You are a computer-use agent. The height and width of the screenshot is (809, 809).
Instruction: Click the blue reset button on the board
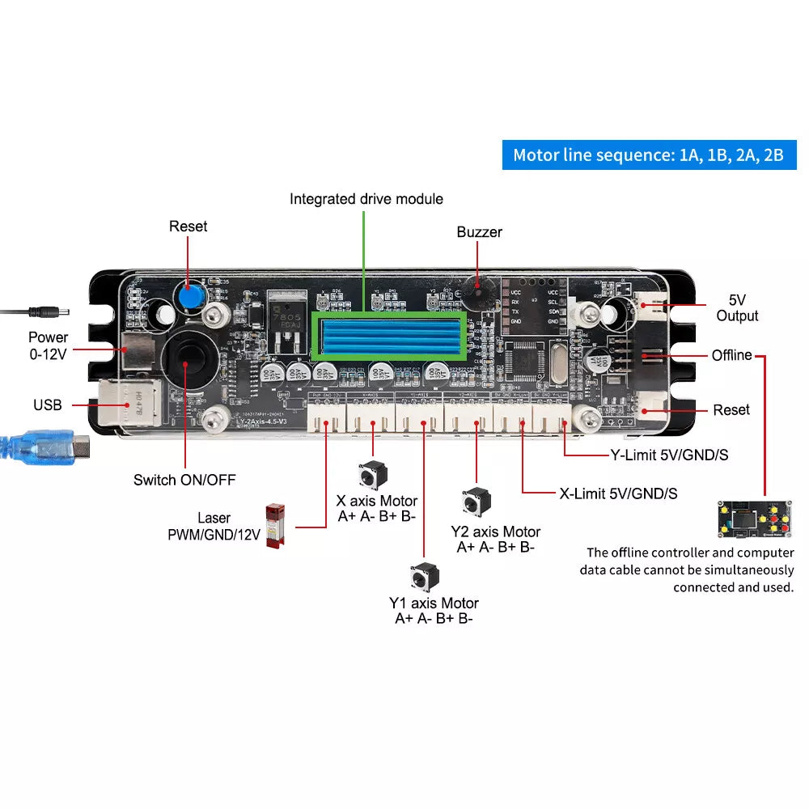(x=188, y=296)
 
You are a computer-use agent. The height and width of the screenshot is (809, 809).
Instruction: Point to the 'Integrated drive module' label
(x=366, y=199)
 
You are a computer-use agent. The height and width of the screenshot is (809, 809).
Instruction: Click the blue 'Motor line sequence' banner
(x=649, y=155)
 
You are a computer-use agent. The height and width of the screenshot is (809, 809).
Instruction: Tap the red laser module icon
(x=275, y=525)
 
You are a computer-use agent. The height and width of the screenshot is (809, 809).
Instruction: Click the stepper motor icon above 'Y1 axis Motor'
(x=421, y=577)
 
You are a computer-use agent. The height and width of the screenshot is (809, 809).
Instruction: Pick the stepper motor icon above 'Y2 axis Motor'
(x=475, y=502)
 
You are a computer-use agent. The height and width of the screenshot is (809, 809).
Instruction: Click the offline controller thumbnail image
(x=753, y=519)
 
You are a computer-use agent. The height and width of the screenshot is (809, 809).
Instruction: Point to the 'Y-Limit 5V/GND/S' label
(x=668, y=455)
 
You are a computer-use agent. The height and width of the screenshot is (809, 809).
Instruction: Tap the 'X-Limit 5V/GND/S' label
(x=618, y=493)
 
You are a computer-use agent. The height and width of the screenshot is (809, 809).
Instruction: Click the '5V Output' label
(x=737, y=307)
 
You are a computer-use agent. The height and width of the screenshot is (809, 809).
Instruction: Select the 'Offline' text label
(x=731, y=355)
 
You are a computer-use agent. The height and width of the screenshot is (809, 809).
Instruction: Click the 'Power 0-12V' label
(x=49, y=345)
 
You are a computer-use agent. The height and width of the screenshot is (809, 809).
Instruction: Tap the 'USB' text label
(x=48, y=404)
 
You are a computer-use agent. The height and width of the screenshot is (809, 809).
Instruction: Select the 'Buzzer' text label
(x=479, y=232)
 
